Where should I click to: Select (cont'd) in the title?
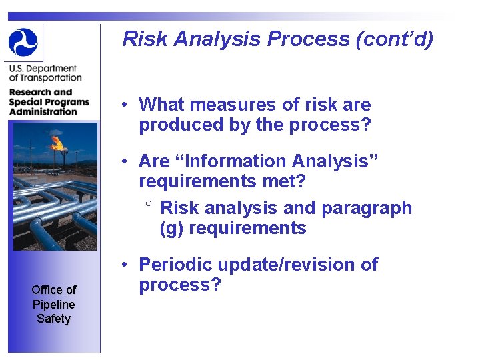coord(395,39)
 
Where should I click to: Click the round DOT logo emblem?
coord(23,42)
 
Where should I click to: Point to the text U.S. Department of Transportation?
coord(43,73)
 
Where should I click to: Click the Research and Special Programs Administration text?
coord(49,102)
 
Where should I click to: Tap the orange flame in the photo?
coord(58,142)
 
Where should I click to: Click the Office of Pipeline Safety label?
coord(53,304)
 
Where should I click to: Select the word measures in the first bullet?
coord(238,105)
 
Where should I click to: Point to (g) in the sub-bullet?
coord(170,228)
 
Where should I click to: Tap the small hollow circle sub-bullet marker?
coord(150,204)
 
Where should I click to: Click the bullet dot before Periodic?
coord(125,265)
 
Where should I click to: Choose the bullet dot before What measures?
coord(125,105)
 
